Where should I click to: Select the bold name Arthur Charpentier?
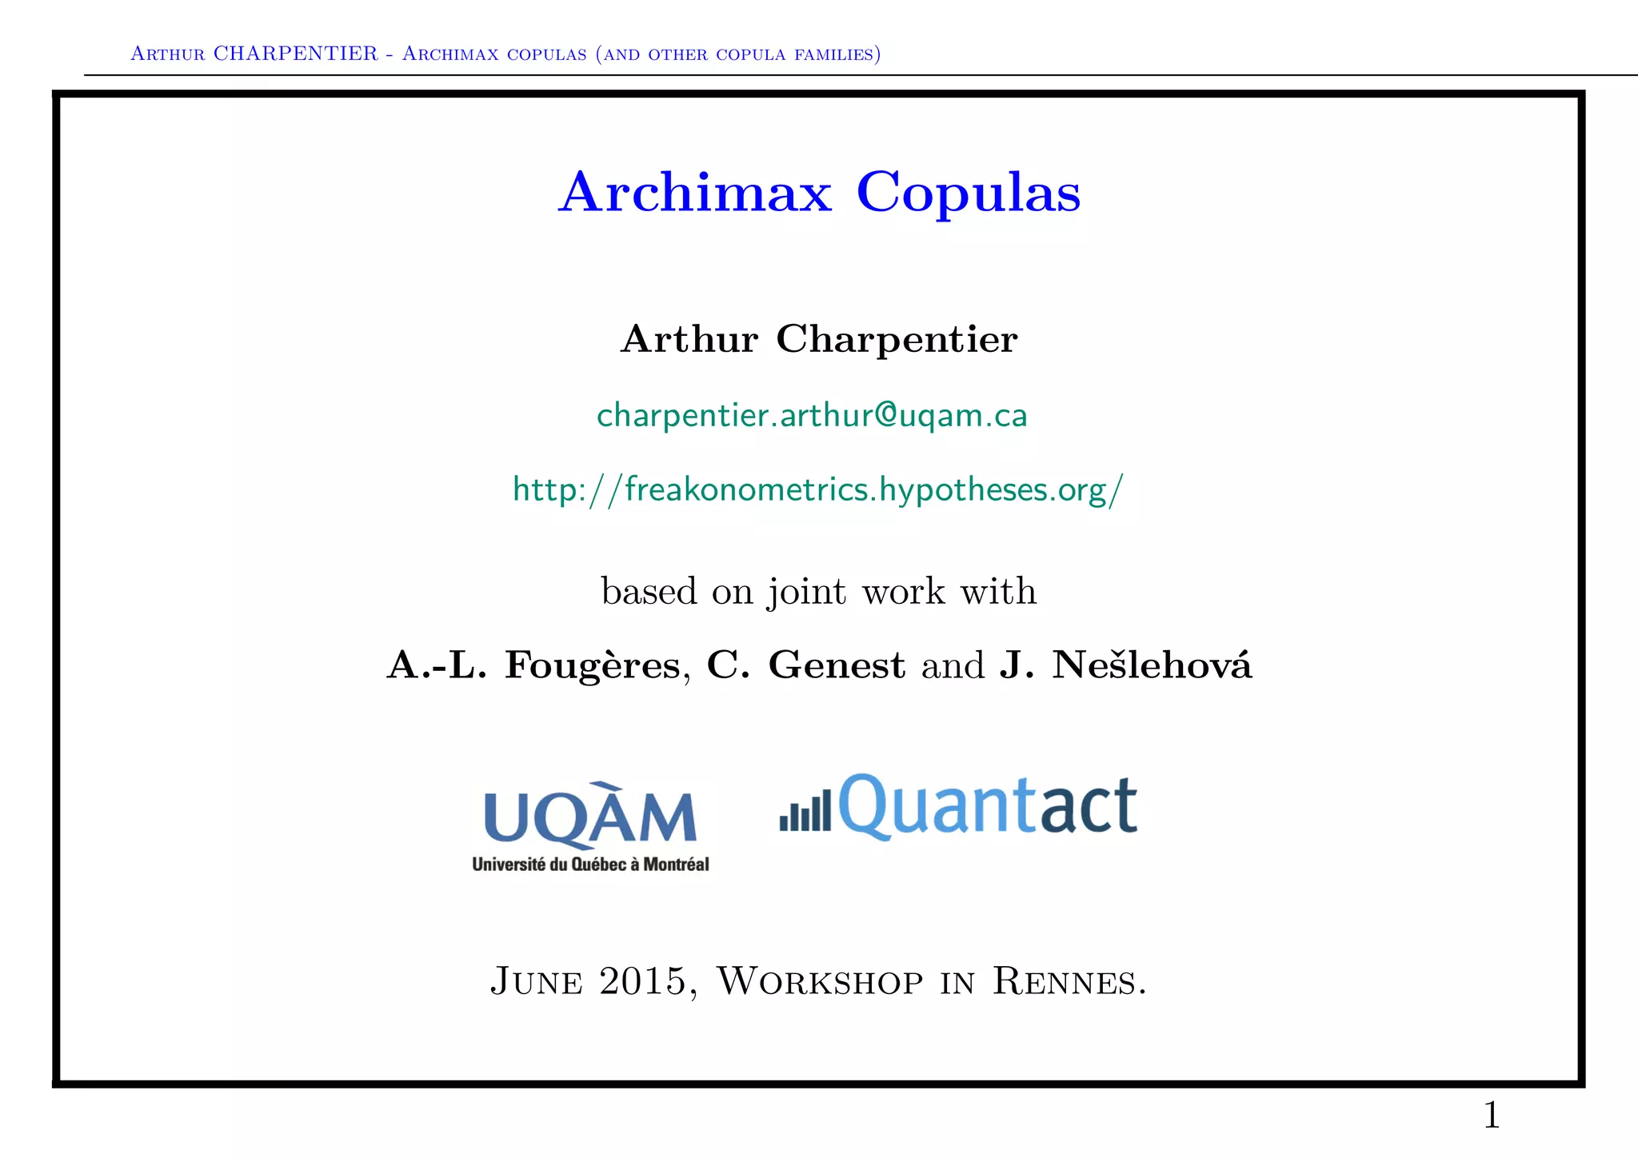point(818,339)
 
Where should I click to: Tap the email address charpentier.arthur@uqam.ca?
point(812,416)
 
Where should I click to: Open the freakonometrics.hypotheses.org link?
point(818,489)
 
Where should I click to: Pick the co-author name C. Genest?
point(805,665)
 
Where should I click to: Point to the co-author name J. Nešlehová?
point(1125,665)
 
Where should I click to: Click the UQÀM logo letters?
point(590,817)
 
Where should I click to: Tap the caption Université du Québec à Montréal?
point(590,865)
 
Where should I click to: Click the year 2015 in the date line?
point(642,981)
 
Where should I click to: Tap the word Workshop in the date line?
point(819,981)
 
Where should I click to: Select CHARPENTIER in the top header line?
point(295,54)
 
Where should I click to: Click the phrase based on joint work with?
point(818,592)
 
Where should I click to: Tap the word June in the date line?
point(536,981)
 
